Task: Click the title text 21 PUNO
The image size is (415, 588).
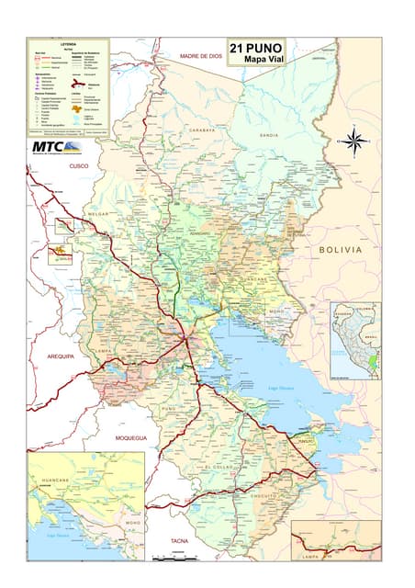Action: [256, 49]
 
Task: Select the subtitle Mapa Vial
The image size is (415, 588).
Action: [263, 62]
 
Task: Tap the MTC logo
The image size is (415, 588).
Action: [54, 147]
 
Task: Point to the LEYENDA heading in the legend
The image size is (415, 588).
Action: [71, 44]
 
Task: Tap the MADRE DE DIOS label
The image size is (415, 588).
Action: [201, 57]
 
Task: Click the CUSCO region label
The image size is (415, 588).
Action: [78, 165]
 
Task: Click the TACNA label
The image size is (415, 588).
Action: [179, 541]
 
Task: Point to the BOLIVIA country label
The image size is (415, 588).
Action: [341, 250]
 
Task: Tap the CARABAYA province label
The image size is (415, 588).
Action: [203, 130]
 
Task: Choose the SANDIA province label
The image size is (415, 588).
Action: [269, 135]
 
